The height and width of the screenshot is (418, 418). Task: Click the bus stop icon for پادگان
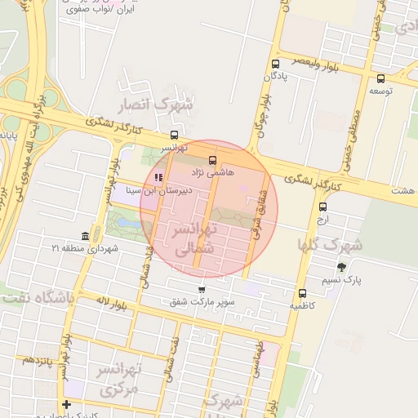pos(275,64)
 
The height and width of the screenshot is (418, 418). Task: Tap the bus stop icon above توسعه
pos(381,79)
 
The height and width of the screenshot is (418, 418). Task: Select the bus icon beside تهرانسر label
pos(174,136)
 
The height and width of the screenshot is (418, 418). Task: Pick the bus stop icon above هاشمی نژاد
pos(213,160)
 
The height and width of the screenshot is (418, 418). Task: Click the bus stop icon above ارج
pos(322,207)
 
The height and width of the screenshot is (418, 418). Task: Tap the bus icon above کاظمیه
pos(303,293)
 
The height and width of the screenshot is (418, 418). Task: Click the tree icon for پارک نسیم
pos(341,266)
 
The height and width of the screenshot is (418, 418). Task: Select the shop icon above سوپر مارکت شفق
pos(202,290)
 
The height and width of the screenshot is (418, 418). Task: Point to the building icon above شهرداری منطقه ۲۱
pos(85,236)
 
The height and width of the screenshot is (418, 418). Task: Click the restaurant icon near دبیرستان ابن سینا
pos(158,177)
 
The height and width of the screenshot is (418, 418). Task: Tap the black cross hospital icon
pos(66,404)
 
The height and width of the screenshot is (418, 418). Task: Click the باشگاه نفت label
pos(38,298)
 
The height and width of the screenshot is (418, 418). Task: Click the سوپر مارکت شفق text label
pos(202,303)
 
